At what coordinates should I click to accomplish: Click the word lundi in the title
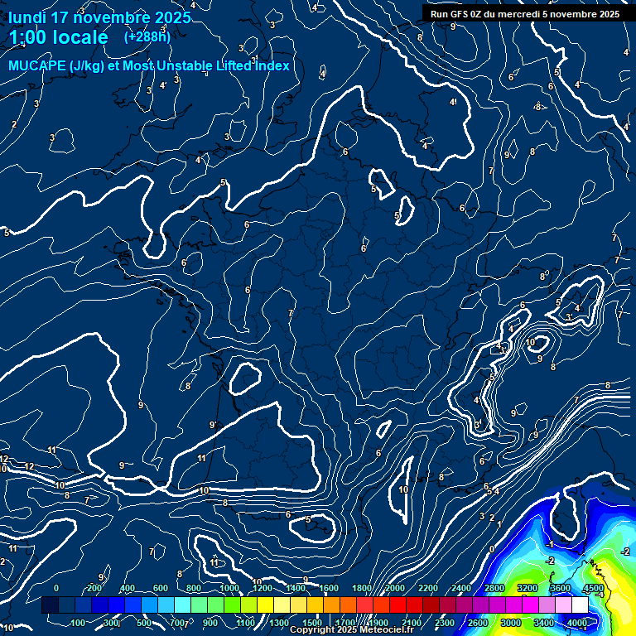(x=28, y=17)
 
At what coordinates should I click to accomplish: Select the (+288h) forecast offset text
(x=147, y=37)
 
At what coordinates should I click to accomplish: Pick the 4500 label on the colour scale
(x=593, y=588)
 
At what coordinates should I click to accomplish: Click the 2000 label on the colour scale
(x=394, y=588)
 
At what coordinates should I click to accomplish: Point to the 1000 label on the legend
(x=228, y=588)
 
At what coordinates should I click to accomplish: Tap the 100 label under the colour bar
(x=79, y=623)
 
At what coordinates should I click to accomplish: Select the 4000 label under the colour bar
(x=577, y=623)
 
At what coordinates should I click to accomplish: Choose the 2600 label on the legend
(x=478, y=623)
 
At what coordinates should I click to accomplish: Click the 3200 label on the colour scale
(x=528, y=588)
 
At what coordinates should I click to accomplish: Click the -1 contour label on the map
(x=550, y=544)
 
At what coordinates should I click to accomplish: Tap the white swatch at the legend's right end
(x=594, y=605)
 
